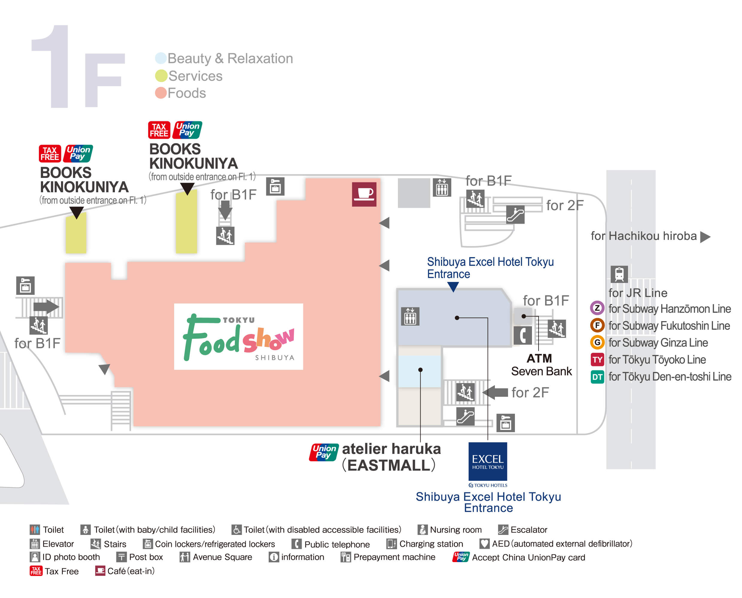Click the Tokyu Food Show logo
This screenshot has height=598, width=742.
tap(238, 337)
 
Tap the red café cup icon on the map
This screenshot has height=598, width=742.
tap(364, 194)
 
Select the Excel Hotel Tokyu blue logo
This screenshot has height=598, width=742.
tap(488, 461)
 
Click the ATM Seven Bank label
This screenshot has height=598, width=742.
tap(541, 365)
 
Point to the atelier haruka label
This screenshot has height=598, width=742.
tap(391, 449)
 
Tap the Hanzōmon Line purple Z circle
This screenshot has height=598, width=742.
tap(597, 308)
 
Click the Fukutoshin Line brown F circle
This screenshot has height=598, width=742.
tap(597, 325)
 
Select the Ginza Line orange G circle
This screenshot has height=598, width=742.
tap(597, 342)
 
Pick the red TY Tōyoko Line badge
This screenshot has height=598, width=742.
tap(597, 360)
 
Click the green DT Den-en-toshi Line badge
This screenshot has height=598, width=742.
tap(597, 377)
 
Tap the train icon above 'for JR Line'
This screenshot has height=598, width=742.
tap(619, 274)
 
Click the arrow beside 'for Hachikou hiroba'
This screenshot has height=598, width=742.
tap(705, 237)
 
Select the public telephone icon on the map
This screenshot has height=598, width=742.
tap(522, 335)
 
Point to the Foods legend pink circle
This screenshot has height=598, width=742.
tap(161, 93)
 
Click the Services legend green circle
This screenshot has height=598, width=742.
tap(161, 76)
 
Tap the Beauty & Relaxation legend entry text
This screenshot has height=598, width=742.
tap(230, 59)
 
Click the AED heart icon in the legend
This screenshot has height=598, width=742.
tap(484, 544)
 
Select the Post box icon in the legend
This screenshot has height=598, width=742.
tap(121, 557)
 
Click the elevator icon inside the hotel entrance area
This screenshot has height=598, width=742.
tap(410, 316)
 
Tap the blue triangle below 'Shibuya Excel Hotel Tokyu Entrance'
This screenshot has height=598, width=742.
tap(453, 286)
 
